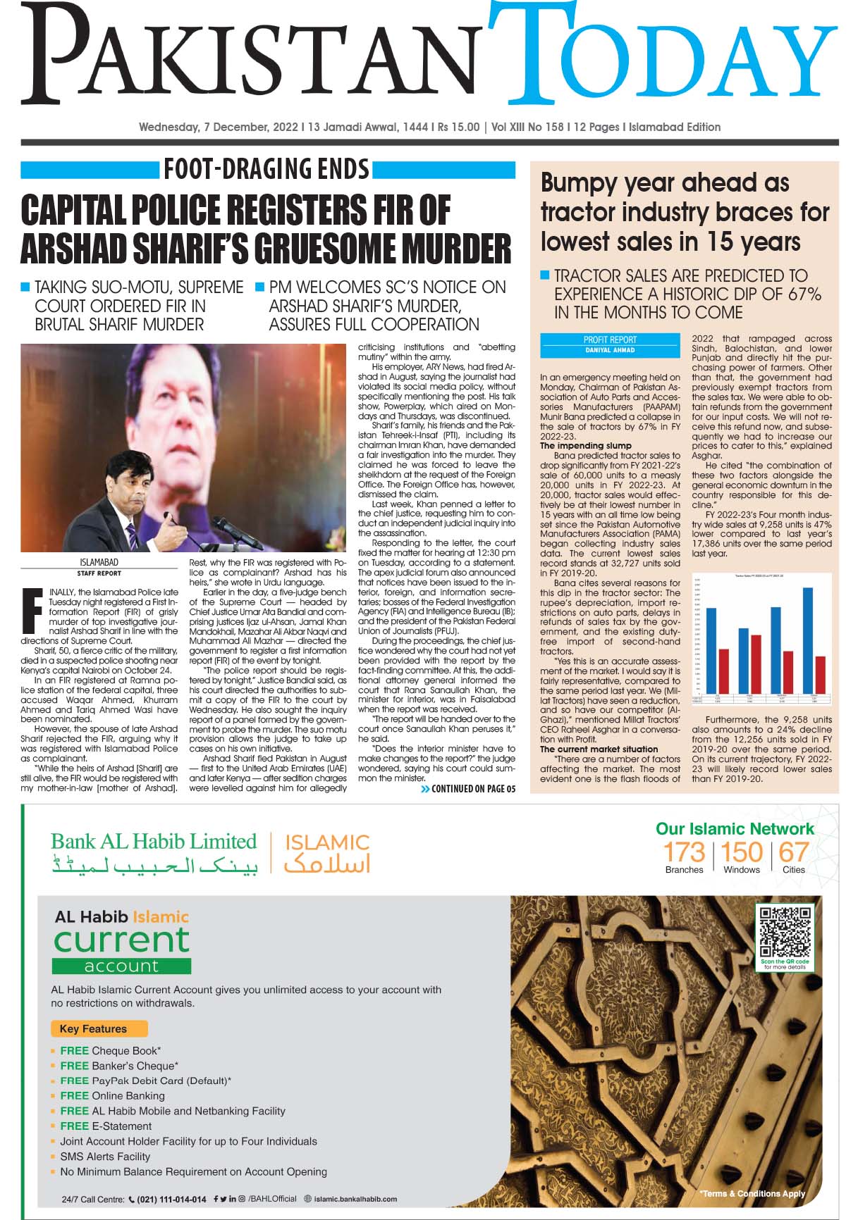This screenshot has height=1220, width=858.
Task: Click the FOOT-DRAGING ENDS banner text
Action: tap(266, 170)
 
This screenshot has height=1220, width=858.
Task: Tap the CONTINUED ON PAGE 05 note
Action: tap(468, 789)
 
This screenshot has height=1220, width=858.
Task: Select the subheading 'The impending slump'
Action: tap(586, 446)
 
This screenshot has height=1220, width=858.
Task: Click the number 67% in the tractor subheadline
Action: tap(804, 294)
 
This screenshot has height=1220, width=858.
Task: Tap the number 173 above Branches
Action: tap(684, 852)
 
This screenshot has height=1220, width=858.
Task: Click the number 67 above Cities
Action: tap(793, 852)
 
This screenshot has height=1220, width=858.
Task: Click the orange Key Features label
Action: tap(99, 1028)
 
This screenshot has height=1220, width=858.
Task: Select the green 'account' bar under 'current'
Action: tap(121, 966)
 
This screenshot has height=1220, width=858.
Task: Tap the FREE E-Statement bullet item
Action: tap(106, 1126)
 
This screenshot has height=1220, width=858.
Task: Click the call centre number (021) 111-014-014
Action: tap(172, 1199)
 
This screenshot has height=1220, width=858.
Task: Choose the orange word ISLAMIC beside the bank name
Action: tap(327, 842)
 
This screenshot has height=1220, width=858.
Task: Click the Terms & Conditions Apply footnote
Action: tap(752, 1193)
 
